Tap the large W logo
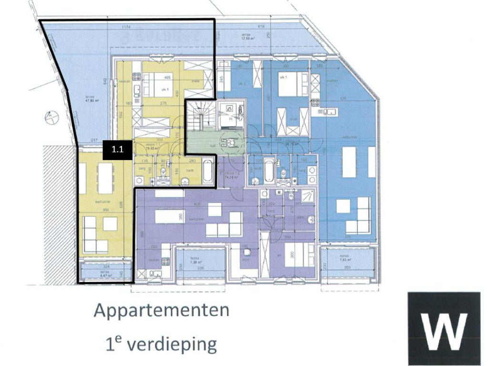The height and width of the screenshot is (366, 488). [x=444, y=328]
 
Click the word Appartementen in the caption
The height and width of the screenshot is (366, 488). [x=161, y=310]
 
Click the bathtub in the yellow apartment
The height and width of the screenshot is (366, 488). [x=208, y=173]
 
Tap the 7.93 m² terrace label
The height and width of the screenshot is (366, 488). [x=345, y=260]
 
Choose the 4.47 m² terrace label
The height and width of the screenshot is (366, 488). [x=105, y=275]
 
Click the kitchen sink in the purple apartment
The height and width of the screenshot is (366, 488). [x=156, y=274]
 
